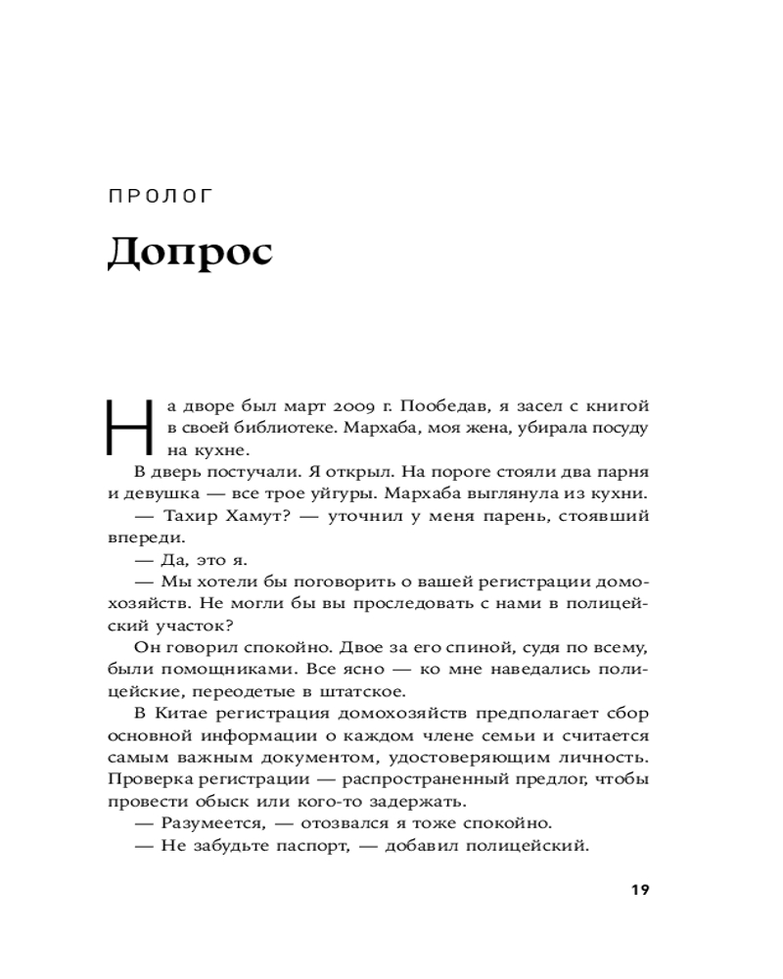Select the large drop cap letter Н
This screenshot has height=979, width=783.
pyautogui.click(x=127, y=428)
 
